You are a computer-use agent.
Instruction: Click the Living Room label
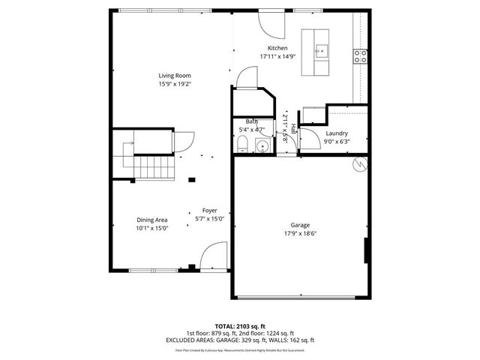point(174,75)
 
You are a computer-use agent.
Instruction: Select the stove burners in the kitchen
point(361,54)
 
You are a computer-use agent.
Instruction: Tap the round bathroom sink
point(261,145)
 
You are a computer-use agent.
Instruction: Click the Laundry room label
point(336,133)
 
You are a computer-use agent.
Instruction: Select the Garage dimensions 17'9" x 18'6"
point(300,234)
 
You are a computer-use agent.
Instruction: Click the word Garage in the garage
point(300,225)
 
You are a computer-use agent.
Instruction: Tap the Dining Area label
point(151,220)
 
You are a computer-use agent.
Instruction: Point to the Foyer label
point(209,211)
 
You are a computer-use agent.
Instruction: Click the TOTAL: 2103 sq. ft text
point(240,326)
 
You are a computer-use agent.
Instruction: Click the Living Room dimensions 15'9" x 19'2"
point(174,84)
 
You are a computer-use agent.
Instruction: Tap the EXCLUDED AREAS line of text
point(240,340)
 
